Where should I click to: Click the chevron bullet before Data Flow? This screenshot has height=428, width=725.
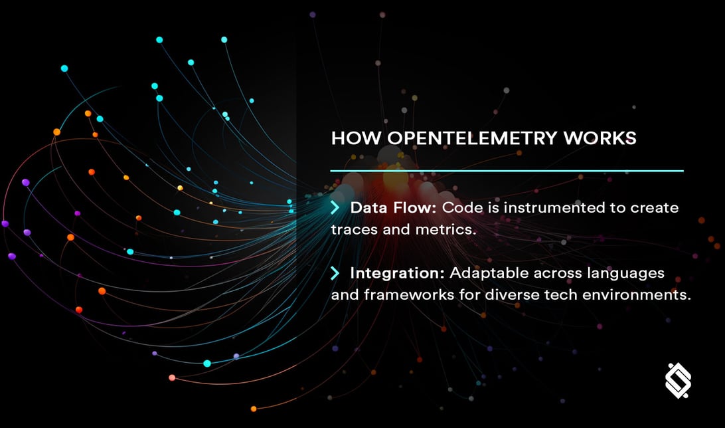[x=335, y=208]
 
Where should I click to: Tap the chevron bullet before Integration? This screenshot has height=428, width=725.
[x=335, y=273]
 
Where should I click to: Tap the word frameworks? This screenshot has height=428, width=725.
[x=408, y=294]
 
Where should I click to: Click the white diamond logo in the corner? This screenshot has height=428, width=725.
[x=678, y=381]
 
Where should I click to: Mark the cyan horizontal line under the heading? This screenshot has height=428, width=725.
[x=507, y=171]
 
